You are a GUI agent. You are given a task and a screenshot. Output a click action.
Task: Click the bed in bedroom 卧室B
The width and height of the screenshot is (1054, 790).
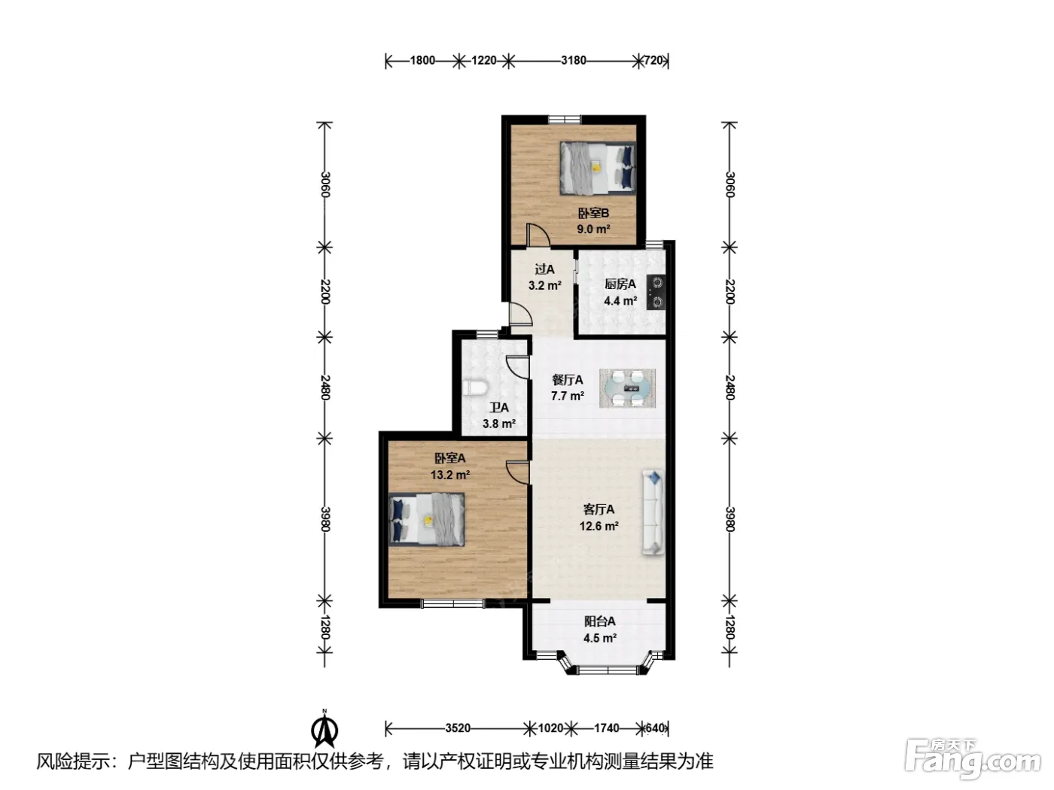[x=597, y=168]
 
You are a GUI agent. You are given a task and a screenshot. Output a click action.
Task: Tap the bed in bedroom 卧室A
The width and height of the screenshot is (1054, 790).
[x=426, y=519]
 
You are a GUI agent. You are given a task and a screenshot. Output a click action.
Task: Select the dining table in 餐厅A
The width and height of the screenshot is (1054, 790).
[x=627, y=388]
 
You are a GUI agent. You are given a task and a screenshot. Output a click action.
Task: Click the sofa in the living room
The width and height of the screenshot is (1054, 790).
[x=653, y=512]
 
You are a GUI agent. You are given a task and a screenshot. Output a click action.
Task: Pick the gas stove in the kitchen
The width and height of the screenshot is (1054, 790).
[x=656, y=292]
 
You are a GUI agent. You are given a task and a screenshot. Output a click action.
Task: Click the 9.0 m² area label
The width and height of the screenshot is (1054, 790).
[x=593, y=229]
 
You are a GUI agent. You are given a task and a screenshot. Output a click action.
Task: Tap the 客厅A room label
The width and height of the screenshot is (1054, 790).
[x=599, y=509]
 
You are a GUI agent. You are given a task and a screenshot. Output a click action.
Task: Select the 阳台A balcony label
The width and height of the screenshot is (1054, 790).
[x=600, y=621]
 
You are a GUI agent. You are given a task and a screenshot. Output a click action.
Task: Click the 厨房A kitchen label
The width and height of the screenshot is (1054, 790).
[x=620, y=284]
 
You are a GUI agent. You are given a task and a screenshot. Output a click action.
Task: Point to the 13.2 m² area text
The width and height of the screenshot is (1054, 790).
[x=450, y=475]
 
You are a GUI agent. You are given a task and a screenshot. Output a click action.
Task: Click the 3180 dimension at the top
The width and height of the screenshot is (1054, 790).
[x=574, y=60]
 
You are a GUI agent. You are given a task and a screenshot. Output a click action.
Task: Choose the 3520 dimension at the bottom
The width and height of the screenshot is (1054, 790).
[x=458, y=728]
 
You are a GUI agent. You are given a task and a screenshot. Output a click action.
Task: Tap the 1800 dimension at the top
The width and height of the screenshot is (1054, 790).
[x=422, y=60]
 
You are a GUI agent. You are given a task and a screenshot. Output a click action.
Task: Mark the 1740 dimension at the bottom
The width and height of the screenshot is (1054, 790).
[x=607, y=728]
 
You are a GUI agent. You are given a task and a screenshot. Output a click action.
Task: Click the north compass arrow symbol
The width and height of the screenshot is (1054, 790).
[x=324, y=731]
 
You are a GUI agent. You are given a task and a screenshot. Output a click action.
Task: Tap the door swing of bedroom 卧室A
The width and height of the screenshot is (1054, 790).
[x=518, y=472]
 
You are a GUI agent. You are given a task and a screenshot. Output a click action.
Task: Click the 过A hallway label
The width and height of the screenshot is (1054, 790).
[x=544, y=269]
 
